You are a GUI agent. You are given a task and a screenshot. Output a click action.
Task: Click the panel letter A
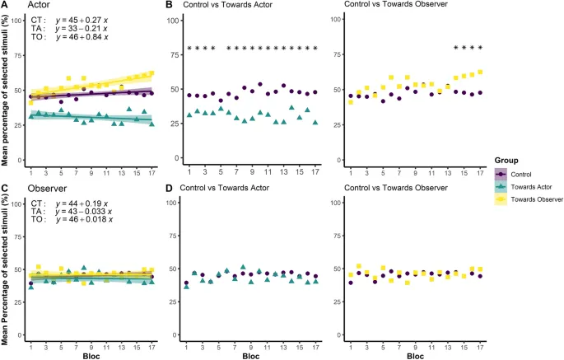coord(4,5)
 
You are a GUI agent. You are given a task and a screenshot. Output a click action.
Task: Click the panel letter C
coord(4,189)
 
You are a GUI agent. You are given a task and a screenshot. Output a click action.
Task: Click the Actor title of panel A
coord(30,5)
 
